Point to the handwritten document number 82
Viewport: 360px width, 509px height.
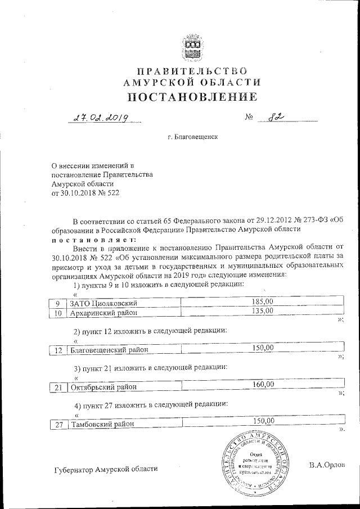pos(274,118)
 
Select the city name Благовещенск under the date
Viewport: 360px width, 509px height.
pos(193,137)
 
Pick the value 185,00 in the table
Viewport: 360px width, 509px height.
pos(262,303)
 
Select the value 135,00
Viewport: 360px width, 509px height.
pos(262,311)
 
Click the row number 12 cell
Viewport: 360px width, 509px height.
pos(58,350)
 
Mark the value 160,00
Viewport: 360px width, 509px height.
pos(262,385)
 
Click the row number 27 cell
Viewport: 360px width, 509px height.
pos(58,425)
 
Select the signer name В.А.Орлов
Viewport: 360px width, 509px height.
pos(327,465)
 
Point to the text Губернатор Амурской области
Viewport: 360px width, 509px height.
pos(106,469)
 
